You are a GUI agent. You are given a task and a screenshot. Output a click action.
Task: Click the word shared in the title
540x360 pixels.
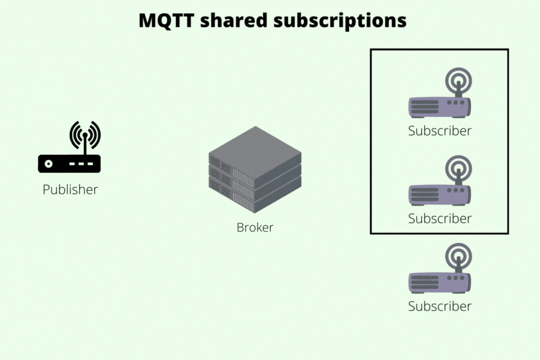click(233, 20)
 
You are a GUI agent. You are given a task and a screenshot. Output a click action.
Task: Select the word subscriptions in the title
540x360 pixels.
click(340, 20)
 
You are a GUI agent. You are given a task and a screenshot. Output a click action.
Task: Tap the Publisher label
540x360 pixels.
click(70, 190)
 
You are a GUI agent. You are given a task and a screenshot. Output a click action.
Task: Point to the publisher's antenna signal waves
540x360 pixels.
click(85, 134)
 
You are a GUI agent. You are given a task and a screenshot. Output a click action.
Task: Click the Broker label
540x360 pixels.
click(255, 227)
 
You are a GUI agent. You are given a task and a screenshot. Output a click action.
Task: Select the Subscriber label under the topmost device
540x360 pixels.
click(440, 130)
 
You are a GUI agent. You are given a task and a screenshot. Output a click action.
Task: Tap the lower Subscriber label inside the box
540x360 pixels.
click(440, 218)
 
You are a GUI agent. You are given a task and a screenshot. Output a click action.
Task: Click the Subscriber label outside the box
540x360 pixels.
click(440, 306)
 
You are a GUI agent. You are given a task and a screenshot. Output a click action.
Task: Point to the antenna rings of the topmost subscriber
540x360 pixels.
click(458, 80)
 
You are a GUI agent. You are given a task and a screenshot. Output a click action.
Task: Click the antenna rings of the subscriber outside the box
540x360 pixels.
click(458, 256)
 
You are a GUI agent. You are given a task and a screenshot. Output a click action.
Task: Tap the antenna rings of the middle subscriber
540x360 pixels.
click(458, 168)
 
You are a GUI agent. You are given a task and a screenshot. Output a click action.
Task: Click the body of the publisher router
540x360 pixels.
click(70, 163)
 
